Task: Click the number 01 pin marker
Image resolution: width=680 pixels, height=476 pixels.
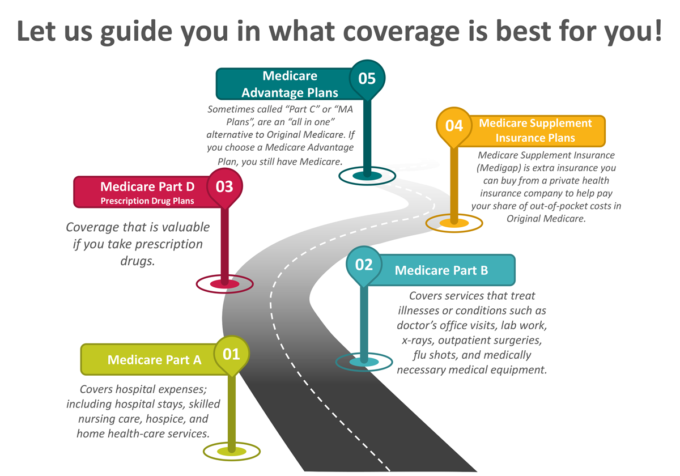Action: click(232, 355)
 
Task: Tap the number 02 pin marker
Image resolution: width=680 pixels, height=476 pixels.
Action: click(364, 265)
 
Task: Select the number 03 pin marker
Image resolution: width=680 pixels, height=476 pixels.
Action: click(224, 187)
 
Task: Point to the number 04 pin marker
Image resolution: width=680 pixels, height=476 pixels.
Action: click(454, 126)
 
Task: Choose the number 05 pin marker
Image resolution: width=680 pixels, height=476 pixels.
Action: click(367, 79)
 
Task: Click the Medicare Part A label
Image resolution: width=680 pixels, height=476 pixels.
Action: click(154, 360)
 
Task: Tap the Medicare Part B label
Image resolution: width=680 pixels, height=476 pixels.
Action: click(441, 270)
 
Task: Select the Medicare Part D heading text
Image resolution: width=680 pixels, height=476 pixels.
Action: click(147, 186)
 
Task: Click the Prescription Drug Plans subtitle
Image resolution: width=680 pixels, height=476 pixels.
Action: click(147, 201)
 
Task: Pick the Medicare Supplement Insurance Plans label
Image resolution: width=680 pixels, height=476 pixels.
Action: click(535, 130)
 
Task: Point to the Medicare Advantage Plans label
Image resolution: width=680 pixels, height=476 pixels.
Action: click(290, 84)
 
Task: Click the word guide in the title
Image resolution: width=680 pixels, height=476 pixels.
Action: click(136, 32)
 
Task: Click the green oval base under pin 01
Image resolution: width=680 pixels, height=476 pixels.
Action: click(232, 452)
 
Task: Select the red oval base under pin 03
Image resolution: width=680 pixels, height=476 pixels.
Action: click(224, 284)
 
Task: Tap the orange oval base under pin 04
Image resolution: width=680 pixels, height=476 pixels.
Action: click(454, 223)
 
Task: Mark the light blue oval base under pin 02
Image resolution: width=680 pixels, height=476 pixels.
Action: click(364, 362)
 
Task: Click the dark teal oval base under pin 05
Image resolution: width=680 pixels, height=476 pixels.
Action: click(367, 176)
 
